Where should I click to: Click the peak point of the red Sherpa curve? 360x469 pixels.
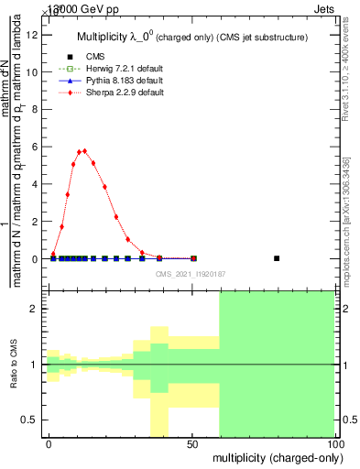click(x=84, y=151)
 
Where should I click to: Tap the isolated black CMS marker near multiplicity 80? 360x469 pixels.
click(x=277, y=258)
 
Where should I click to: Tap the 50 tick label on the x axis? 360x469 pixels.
click(x=191, y=443)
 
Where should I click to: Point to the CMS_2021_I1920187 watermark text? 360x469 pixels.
click(x=190, y=273)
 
